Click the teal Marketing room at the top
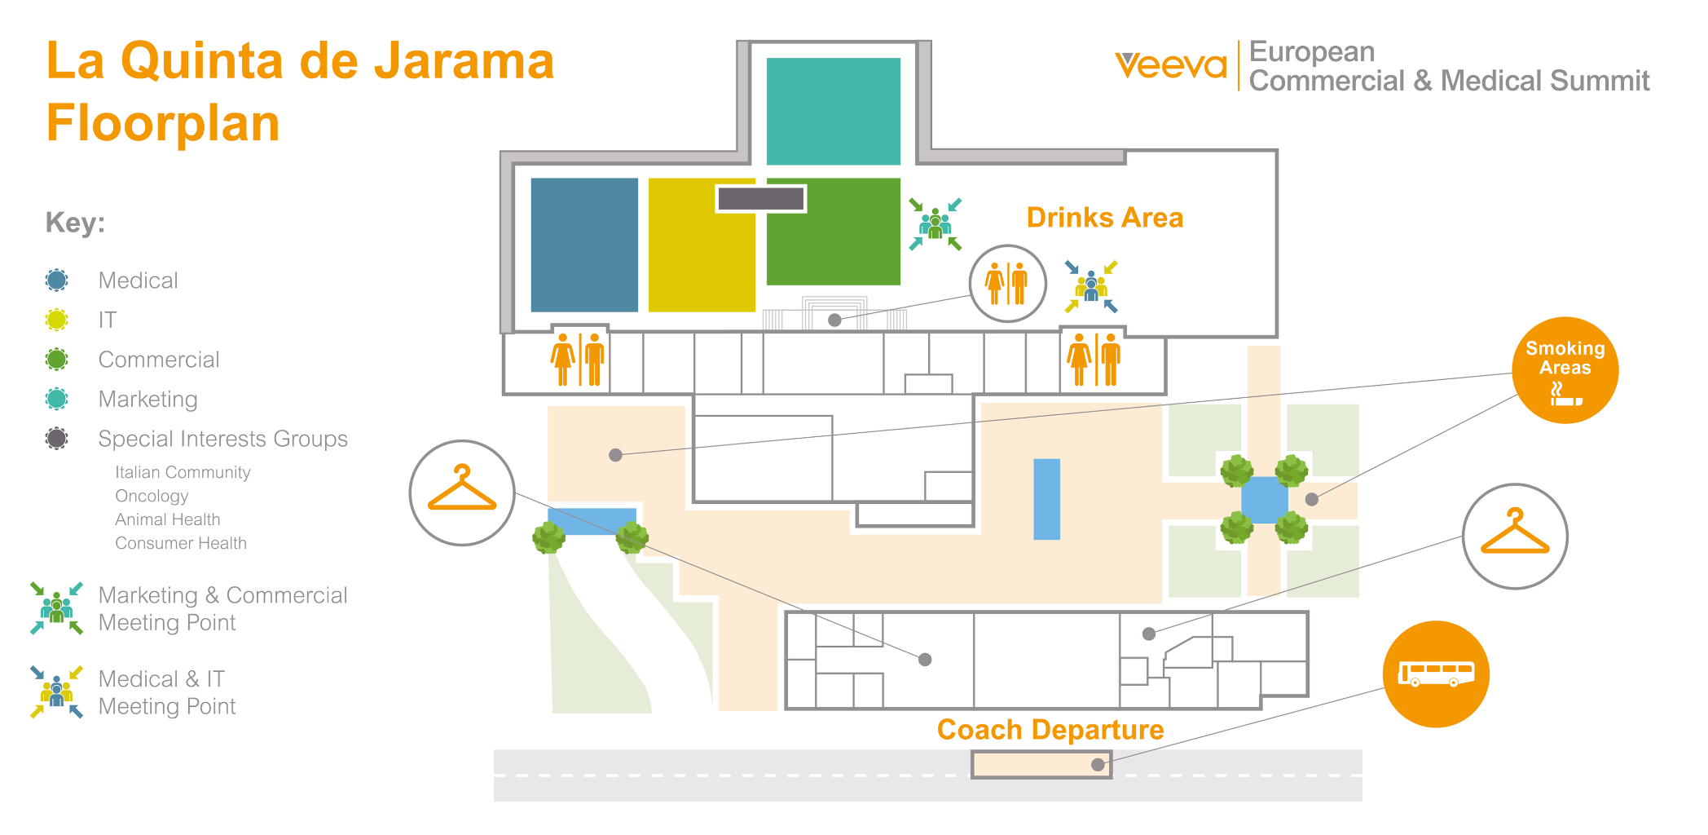[833, 111]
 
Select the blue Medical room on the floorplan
[584, 245]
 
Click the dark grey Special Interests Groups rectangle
[760, 198]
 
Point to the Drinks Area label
[1104, 218]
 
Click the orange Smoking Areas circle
[1565, 370]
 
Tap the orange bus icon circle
[1436, 674]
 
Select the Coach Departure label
[1050, 730]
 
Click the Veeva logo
[1170, 65]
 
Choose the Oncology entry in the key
[152, 496]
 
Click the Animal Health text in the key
[167, 519]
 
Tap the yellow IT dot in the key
[56, 320]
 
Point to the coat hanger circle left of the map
[462, 493]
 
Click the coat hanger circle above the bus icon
[1515, 536]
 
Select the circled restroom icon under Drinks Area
[1007, 284]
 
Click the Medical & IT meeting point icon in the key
[56, 692]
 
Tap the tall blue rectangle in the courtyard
[1046, 499]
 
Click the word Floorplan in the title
[163, 123]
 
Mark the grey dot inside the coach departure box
[1098, 765]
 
